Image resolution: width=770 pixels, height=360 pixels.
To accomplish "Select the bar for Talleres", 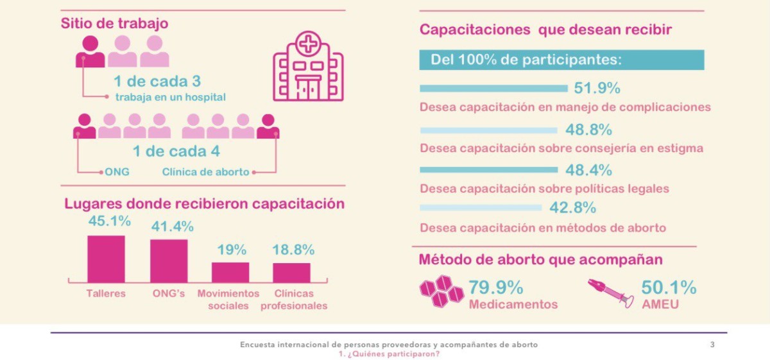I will coord(106,259).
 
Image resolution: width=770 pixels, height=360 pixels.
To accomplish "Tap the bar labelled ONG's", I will coord(169,261).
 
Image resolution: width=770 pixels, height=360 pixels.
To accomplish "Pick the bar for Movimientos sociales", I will coord(230,272).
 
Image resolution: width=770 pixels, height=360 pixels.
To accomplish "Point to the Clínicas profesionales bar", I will coord(291,273).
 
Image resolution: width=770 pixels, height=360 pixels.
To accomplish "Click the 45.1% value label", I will coord(109,221).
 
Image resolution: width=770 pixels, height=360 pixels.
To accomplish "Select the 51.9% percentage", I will coord(597,88).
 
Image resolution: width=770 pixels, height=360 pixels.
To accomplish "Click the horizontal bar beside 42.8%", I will coord(481,207).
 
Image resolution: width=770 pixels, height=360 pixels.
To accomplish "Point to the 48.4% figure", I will coord(588,170).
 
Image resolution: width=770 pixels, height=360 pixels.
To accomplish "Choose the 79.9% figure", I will coord(495,287).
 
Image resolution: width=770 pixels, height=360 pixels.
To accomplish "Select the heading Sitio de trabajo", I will coord(115,23).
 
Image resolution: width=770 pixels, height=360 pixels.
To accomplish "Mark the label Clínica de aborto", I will coord(205,172).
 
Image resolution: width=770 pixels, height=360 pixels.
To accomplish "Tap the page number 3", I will coord(712,345).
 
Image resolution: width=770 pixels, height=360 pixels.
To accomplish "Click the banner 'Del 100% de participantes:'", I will coord(561,60).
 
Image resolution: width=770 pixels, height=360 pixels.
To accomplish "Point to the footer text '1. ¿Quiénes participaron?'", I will coord(389,354).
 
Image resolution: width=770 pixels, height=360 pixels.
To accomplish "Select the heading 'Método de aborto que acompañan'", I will coord(540,260).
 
